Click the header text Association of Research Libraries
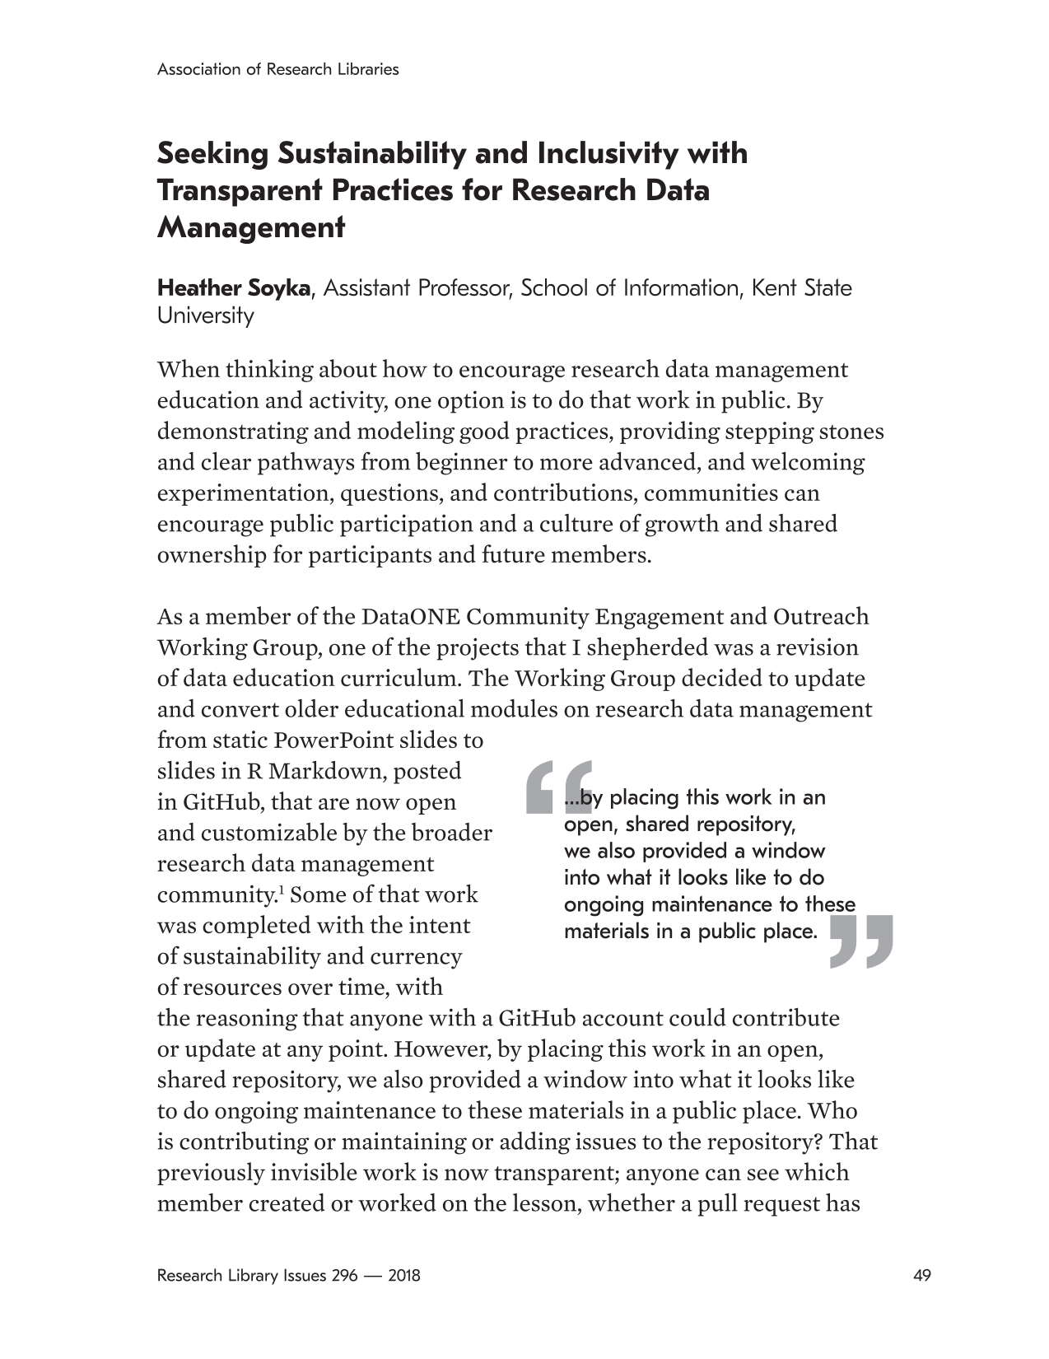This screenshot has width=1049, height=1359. [277, 69]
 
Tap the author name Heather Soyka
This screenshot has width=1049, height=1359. [234, 288]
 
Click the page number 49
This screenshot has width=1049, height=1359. [922, 1276]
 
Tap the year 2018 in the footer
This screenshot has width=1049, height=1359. [403, 1276]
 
